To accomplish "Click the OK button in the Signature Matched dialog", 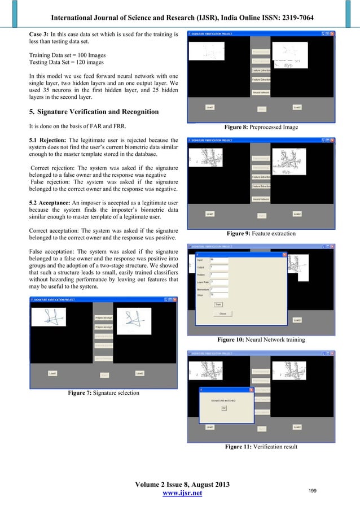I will pyautogui.click(x=223, y=407).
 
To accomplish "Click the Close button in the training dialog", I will pyautogui.click(x=222, y=313).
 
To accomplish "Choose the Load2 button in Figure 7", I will pyautogui.click(x=140, y=373).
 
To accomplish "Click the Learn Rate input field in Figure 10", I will pyautogui.click(x=218, y=281).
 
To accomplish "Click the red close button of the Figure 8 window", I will pyautogui.click(x=332, y=33).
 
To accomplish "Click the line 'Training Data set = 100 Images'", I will pyautogui.click(x=68, y=54).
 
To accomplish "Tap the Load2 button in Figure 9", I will pyautogui.click(x=297, y=213).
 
